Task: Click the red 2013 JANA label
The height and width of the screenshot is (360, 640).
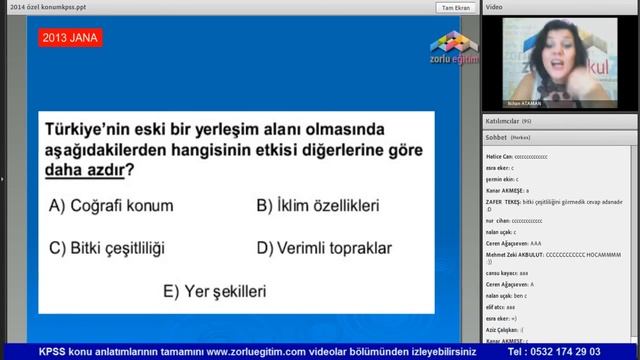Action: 71,39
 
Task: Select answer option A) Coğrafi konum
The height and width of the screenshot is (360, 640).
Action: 111,206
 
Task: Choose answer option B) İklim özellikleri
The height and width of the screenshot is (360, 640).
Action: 317,206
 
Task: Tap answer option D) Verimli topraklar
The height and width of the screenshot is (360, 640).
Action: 323,247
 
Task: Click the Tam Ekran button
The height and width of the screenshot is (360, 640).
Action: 455,7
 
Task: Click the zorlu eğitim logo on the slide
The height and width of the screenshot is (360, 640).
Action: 454,46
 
